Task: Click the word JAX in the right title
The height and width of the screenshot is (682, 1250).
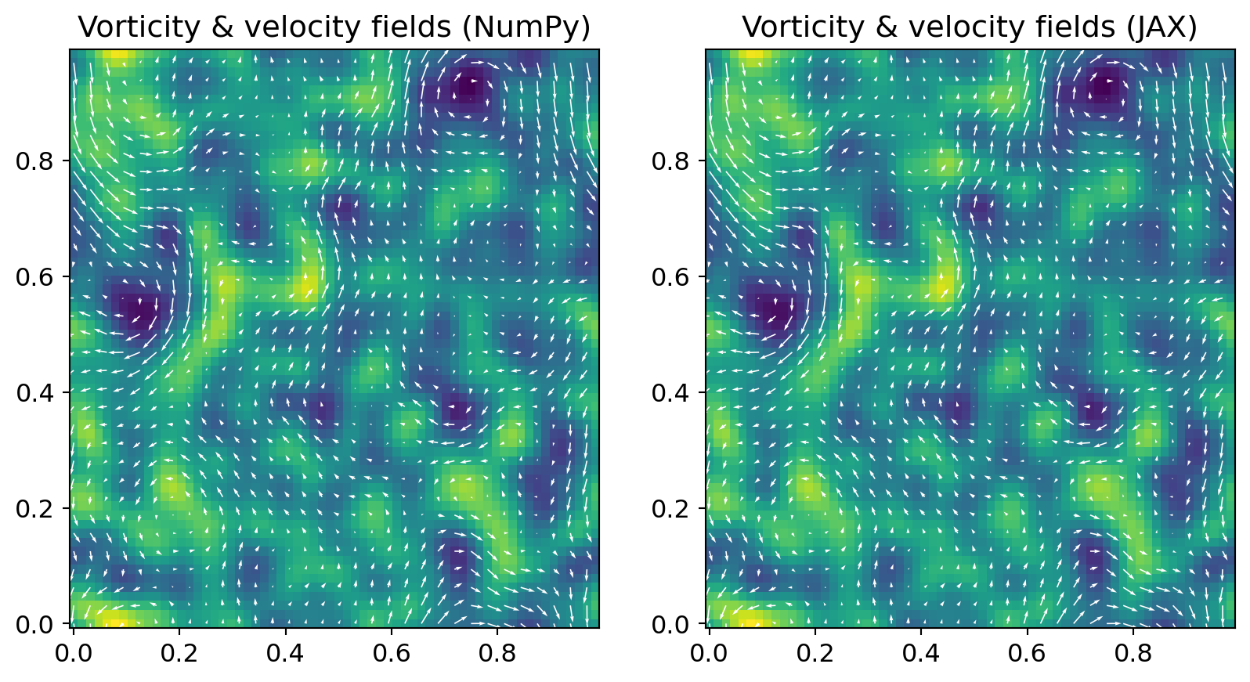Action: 1169,27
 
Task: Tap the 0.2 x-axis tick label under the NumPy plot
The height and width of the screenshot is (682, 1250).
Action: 179,653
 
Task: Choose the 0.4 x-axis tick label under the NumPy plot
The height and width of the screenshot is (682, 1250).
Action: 285,653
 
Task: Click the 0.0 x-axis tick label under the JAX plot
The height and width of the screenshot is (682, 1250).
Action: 710,653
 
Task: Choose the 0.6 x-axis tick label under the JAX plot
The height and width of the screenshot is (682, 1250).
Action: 1027,653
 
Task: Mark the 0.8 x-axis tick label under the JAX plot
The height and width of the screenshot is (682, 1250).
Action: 1133,653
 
